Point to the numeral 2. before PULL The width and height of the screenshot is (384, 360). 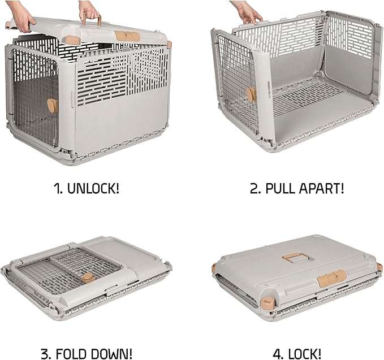point(256,188)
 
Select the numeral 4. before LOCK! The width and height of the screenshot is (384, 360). point(279,354)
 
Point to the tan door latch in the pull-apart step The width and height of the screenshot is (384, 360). point(251,94)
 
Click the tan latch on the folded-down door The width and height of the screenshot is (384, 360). point(87,277)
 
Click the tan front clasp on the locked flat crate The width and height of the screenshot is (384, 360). point(331,277)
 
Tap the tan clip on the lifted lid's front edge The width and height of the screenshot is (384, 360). point(124,35)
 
